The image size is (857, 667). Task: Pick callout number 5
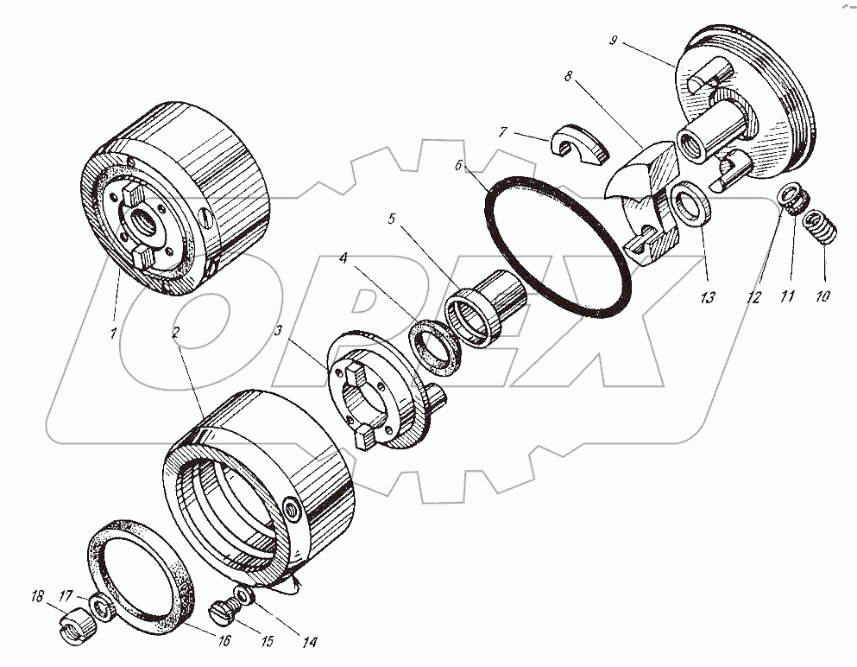392,219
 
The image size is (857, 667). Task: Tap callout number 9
613,40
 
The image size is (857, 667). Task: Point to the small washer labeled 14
244,597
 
